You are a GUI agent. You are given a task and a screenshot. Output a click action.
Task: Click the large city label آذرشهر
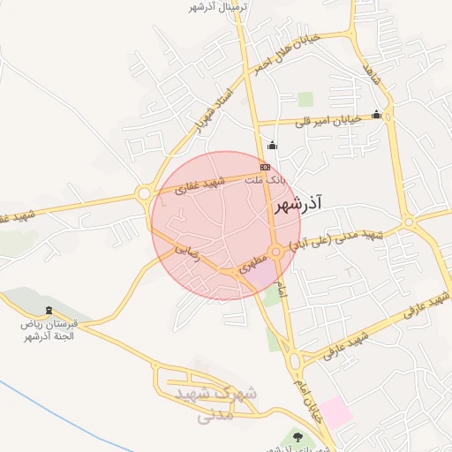(295, 205)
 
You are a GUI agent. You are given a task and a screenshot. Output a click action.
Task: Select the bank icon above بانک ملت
(264, 166)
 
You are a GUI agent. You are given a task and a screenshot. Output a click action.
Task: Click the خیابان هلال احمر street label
(284, 52)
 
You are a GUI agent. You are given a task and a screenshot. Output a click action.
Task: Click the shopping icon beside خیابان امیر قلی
(377, 114)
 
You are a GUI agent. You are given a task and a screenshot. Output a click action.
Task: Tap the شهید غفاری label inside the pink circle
(200, 185)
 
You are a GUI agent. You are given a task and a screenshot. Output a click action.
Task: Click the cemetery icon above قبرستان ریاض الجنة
(49, 311)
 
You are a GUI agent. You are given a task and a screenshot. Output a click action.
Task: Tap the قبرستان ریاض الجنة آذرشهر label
(49, 330)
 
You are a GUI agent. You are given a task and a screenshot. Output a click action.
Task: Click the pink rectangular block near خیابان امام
(335, 412)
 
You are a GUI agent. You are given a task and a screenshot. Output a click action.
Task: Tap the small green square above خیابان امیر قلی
(305, 99)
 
